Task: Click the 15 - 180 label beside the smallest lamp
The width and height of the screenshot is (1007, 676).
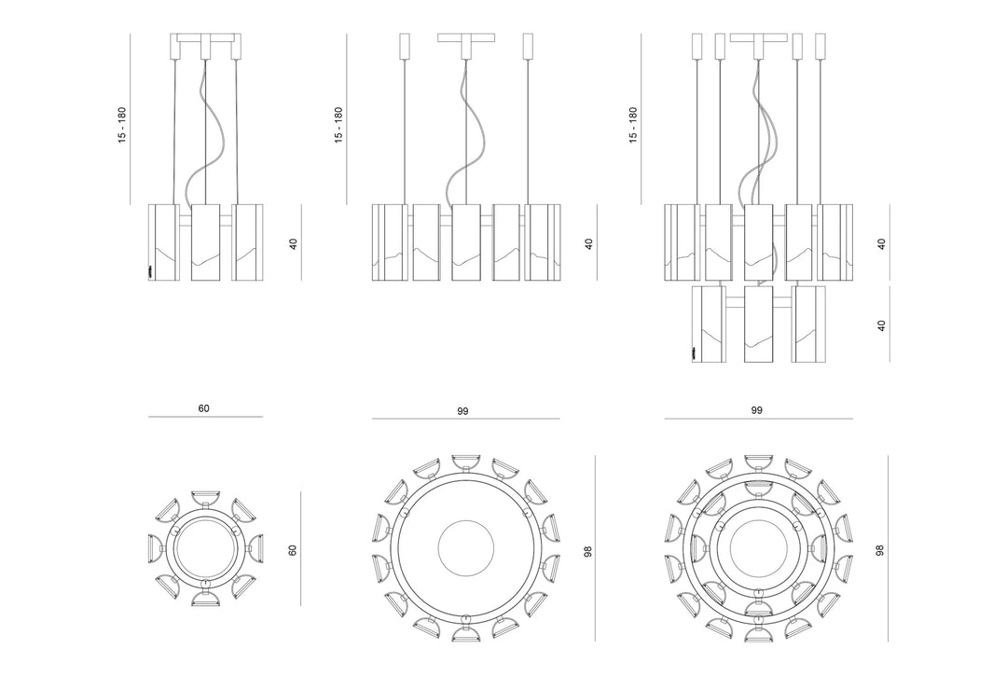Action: (x=122, y=125)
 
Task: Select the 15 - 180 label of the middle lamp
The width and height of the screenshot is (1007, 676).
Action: (x=338, y=125)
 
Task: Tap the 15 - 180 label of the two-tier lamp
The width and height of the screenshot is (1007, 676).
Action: (x=633, y=125)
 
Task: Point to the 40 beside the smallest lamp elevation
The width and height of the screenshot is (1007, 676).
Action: (x=294, y=244)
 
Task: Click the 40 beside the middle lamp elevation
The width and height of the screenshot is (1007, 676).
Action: (x=589, y=244)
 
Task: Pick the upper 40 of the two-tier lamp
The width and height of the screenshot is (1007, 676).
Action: (x=882, y=244)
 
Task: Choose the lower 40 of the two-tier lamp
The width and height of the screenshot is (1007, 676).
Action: (x=882, y=325)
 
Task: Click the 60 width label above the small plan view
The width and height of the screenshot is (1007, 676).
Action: (x=203, y=408)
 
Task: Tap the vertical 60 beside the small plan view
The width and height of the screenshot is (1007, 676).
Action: (x=293, y=550)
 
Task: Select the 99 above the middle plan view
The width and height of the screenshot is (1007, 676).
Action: (x=462, y=411)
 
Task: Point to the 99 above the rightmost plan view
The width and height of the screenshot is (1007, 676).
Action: (x=756, y=409)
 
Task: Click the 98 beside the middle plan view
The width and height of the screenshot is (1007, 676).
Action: (x=588, y=551)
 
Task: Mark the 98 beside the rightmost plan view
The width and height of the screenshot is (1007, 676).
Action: (x=880, y=550)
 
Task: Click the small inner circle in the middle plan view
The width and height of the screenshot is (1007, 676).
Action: (x=465, y=520)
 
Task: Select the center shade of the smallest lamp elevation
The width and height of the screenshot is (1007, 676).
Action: (x=205, y=242)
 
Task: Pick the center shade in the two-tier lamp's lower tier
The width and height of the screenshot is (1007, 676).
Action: (x=758, y=324)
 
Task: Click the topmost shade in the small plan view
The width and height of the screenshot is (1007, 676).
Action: (x=205, y=498)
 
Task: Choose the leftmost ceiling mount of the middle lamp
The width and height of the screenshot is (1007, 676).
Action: (x=405, y=47)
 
